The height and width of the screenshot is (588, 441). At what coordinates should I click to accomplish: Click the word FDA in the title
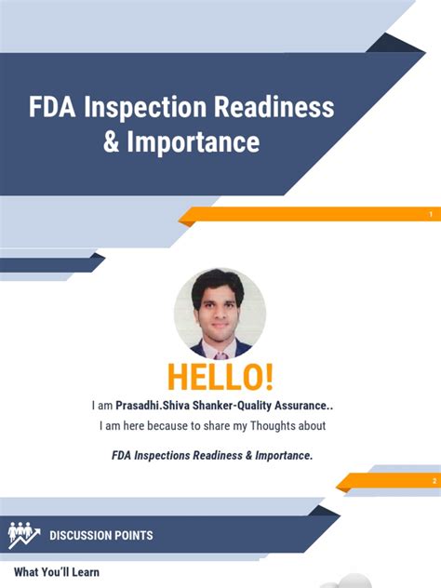click(x=54, y=109)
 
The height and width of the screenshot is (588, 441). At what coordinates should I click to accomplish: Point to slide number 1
click(x=431, y=216)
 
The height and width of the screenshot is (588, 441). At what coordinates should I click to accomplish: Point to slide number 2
click(x=434, y=481)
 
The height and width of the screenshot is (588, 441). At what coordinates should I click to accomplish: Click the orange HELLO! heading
click(x=220, y=377)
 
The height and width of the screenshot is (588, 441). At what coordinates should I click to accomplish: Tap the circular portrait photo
click(x=220, y=314)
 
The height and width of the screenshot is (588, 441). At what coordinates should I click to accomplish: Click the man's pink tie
click(x=221, y=352)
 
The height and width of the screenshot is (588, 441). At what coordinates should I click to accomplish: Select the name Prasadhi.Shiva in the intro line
click(x=154, y=406)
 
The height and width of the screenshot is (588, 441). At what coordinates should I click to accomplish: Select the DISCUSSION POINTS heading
click(x=101, y=535)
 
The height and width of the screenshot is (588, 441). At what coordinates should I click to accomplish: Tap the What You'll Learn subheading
click(x=56, y=572)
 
